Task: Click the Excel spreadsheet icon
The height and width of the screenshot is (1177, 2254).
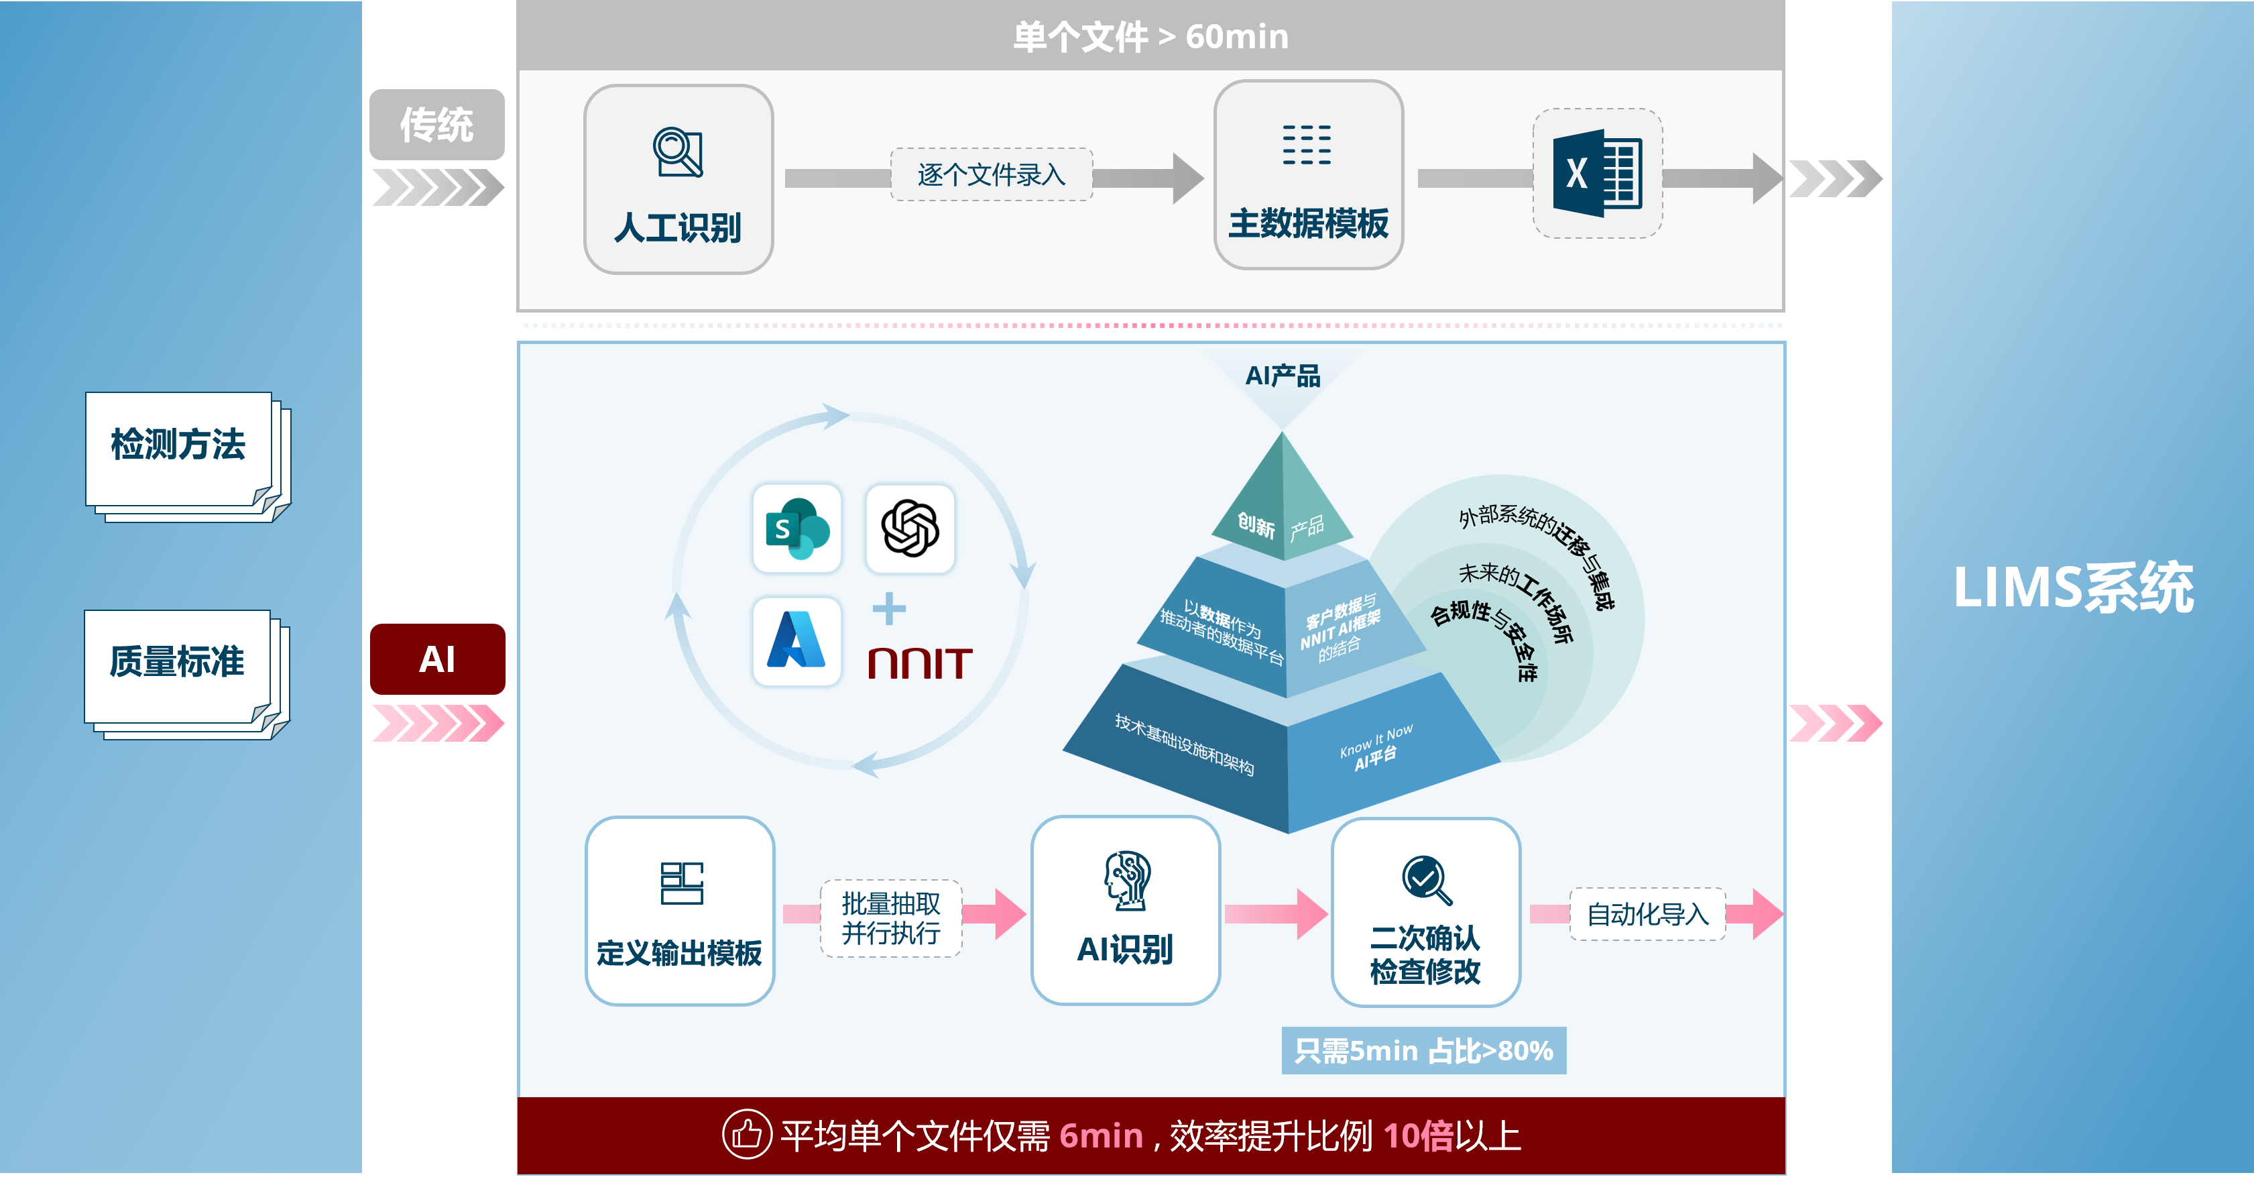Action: (x=1597, y=173)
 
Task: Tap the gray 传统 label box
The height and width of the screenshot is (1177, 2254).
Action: (x=436, y=124)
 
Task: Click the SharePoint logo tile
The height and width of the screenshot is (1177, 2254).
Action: (x=796, y=528)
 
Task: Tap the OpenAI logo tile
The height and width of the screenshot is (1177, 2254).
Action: (x=910, y=528)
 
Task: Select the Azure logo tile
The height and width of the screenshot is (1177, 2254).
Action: (x=796, y=640)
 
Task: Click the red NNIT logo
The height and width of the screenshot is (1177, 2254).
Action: (x=920, y=663)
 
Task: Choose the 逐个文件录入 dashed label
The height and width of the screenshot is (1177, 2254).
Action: (x=992, y=175)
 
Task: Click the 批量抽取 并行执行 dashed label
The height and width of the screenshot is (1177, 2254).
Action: (x=891, y=918)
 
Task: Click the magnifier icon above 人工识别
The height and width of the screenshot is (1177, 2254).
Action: (x=678, y=152)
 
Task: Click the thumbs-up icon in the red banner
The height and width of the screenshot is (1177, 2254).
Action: (x=746, y=1134)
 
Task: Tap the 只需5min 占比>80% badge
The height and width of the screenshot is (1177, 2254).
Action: (x=1423, y=1050)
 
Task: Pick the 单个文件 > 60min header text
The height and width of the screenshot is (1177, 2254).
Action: (x=1150, y=37)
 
